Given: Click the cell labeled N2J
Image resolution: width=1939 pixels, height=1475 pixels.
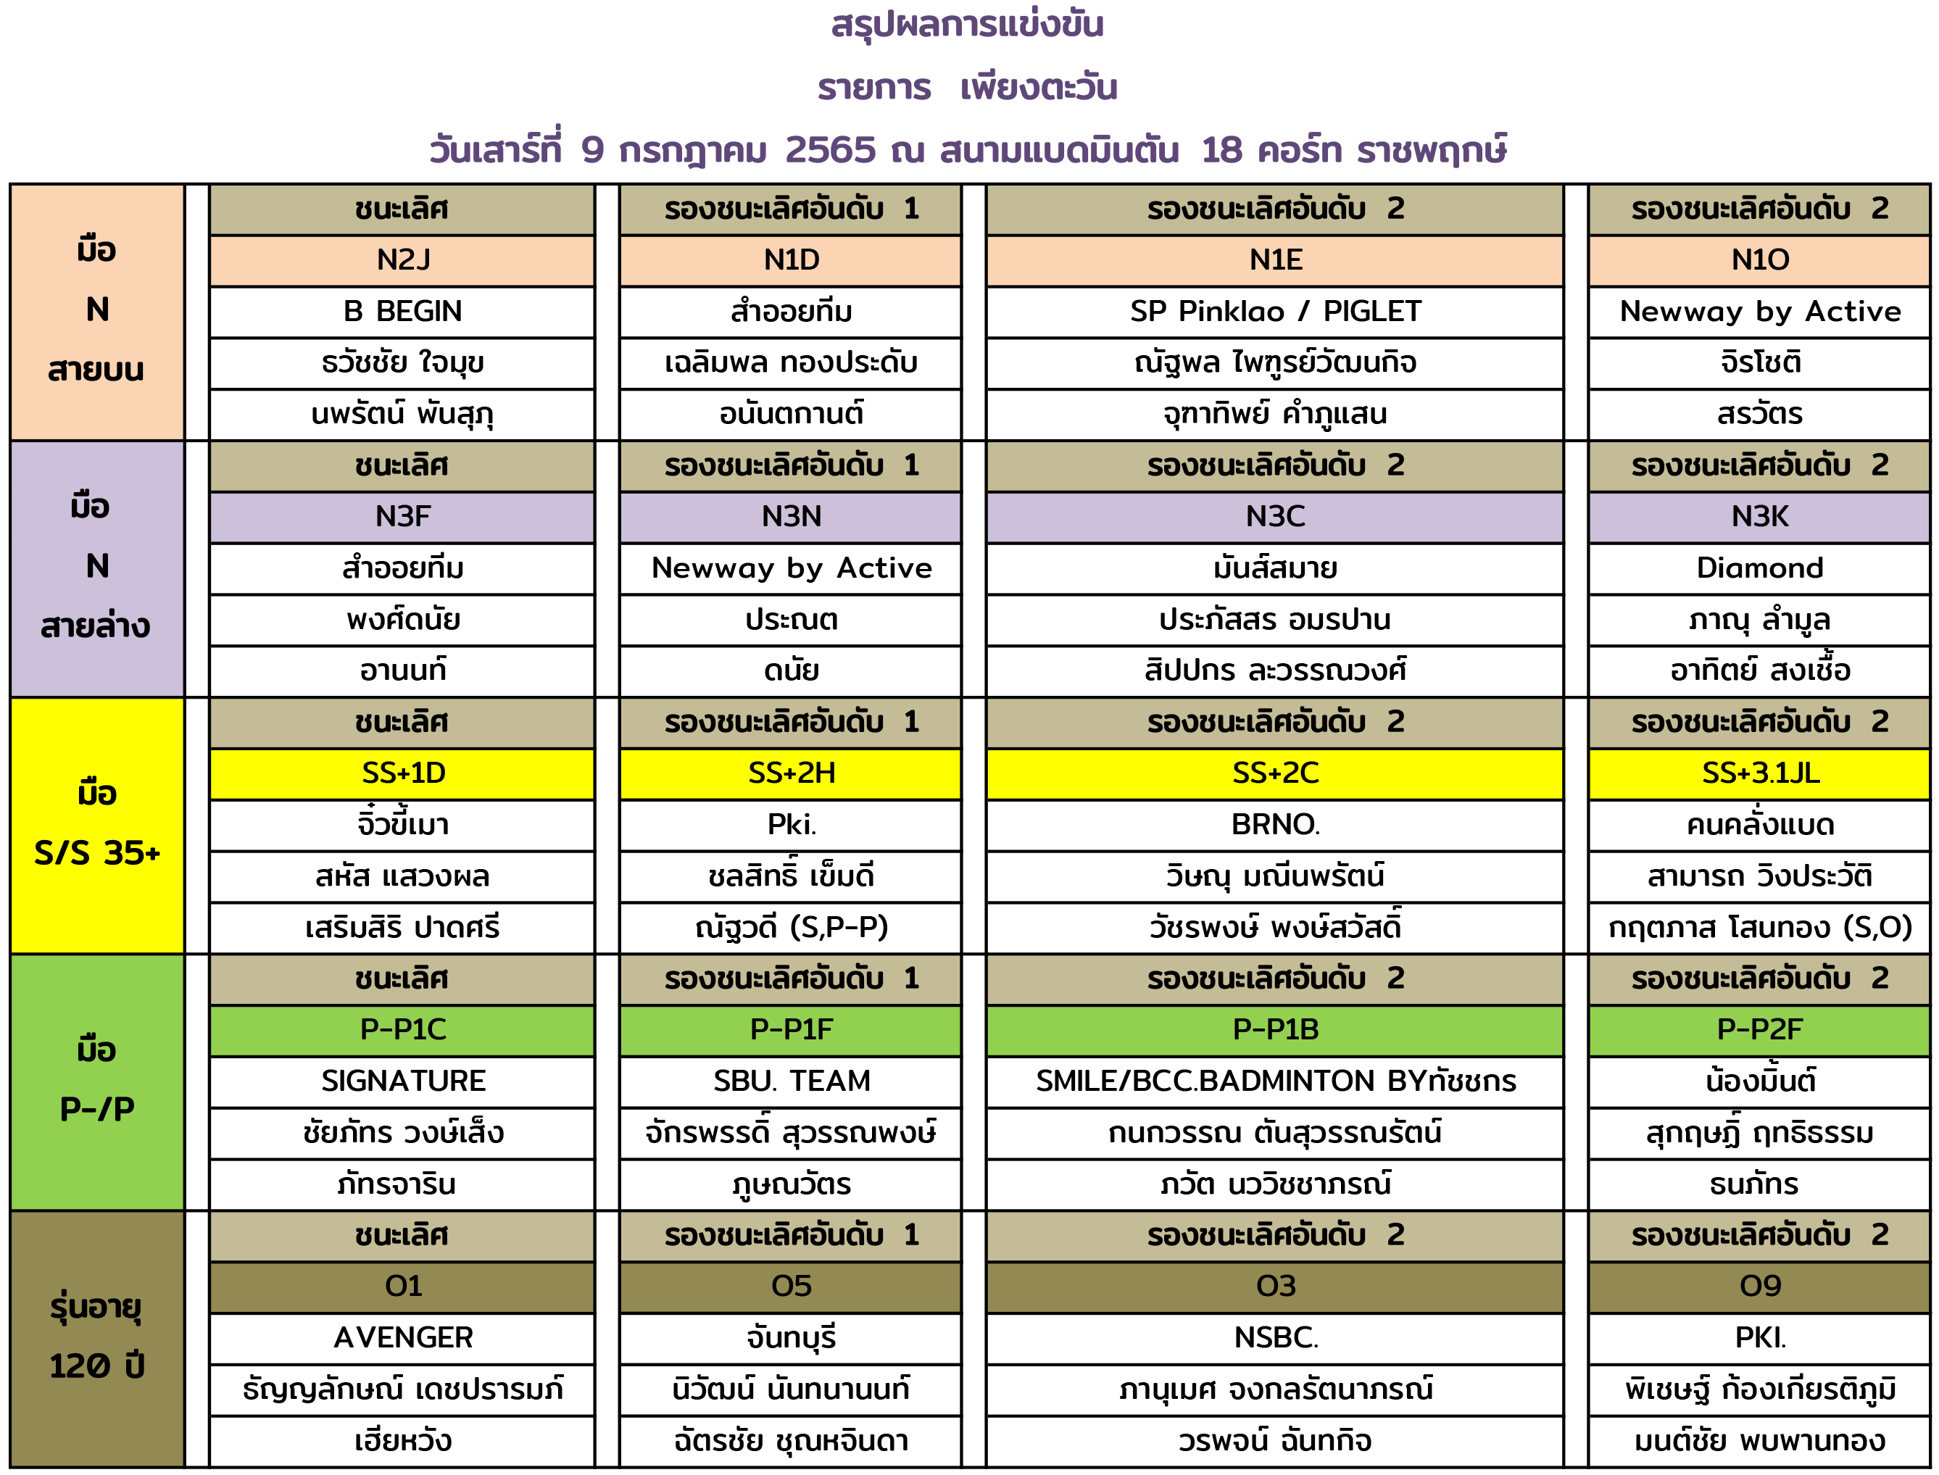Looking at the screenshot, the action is tap(402, 260).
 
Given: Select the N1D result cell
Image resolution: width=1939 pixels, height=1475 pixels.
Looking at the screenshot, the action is tap(790, 260).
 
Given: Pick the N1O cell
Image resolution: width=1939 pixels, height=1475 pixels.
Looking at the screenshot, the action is tap(1759, 260).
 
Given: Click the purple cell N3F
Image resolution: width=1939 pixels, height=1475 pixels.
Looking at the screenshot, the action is tap(402, 516).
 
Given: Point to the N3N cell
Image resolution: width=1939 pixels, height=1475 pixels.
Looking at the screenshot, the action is tap(790, 516).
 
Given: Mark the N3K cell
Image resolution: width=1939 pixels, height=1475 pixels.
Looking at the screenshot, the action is tap(1759, 516).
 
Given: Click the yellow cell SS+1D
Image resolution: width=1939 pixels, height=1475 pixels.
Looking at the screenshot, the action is tap(402, 773).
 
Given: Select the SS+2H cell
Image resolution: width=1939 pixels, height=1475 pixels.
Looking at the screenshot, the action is tap(790, 773).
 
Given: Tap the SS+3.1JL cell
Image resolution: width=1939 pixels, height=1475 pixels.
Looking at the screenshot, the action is tap(1759, 773).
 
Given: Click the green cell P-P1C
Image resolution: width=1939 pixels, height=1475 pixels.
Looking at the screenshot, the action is tap(402, 1029).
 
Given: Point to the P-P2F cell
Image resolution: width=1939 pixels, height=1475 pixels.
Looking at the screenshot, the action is tap(1759, 1029).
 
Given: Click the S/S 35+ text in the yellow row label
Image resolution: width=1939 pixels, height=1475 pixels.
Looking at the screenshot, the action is tap(96, 852).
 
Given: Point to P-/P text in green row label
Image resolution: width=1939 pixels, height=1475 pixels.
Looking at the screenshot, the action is tap(96, 1109).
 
